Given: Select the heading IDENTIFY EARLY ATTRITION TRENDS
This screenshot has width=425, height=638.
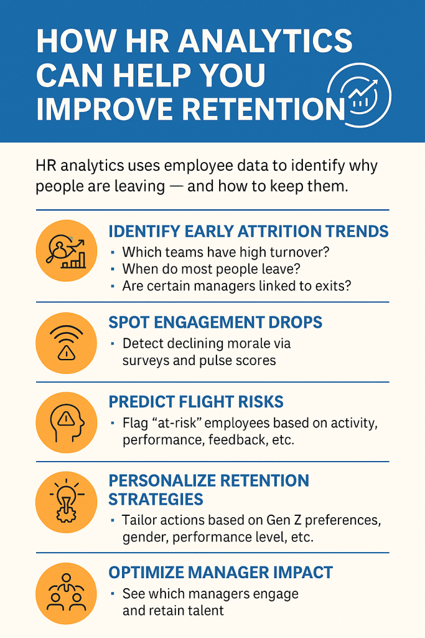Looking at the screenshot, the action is coord(248,231).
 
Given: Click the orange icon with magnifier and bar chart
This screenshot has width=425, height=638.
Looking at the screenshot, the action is coord(66,250).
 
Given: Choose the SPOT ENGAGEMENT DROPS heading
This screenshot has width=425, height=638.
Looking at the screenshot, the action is coord(215,322).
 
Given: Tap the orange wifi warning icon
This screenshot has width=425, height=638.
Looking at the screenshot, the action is coord(66,343).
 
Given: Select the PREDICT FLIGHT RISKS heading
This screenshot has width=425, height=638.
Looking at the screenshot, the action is coord(196,402).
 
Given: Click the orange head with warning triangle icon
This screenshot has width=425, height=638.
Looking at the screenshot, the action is coord(66,422).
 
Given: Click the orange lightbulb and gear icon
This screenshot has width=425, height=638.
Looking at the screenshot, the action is coord(66,502).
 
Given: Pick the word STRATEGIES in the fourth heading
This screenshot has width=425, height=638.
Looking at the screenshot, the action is coord(156,499).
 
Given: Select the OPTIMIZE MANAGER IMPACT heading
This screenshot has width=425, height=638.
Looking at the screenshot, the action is coord(221,573).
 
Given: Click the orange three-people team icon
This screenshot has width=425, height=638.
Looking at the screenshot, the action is coord(66,593).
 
